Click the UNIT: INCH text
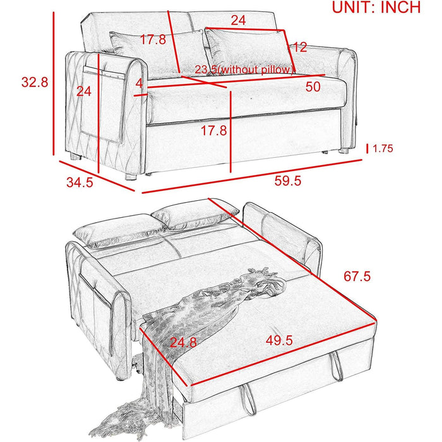pyautogui.click(x=376, y=8)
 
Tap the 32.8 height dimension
pyautogui.click(x=35, y=82)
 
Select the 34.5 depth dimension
pyautogui.click(x=80, y=182)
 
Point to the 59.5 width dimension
pyautogui.click(x=288, y=181)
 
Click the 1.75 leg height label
pyautogui.click(x=383, y=148)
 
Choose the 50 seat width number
pyautogui.click(x=313, y=87)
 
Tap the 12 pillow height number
pyautogui.click(x=299, y=47)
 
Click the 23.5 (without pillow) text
pyautogui.click(x=245, y=69)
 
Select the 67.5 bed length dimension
pyautogui.click(x=357, y=277)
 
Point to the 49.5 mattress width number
pyautogui.click(x=279, y=340)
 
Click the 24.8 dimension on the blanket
pyautogui.click(x=183, y=342)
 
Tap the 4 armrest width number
pyautogui.click(x=140, y=84)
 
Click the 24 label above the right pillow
pyautogui.click(x=238, y=21)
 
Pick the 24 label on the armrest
pyautogui.click(x=84, y=92)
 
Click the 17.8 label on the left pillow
pyautogui.click(x=153, y=39)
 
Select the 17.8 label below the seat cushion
pyautogui.click(x=213, y=131)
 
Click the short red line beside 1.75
pyautogui.click(x=367, y=148)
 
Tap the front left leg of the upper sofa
pyautogui.click(x=131, y=177)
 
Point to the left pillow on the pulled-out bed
pyautogui.click(x=119, y=231)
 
